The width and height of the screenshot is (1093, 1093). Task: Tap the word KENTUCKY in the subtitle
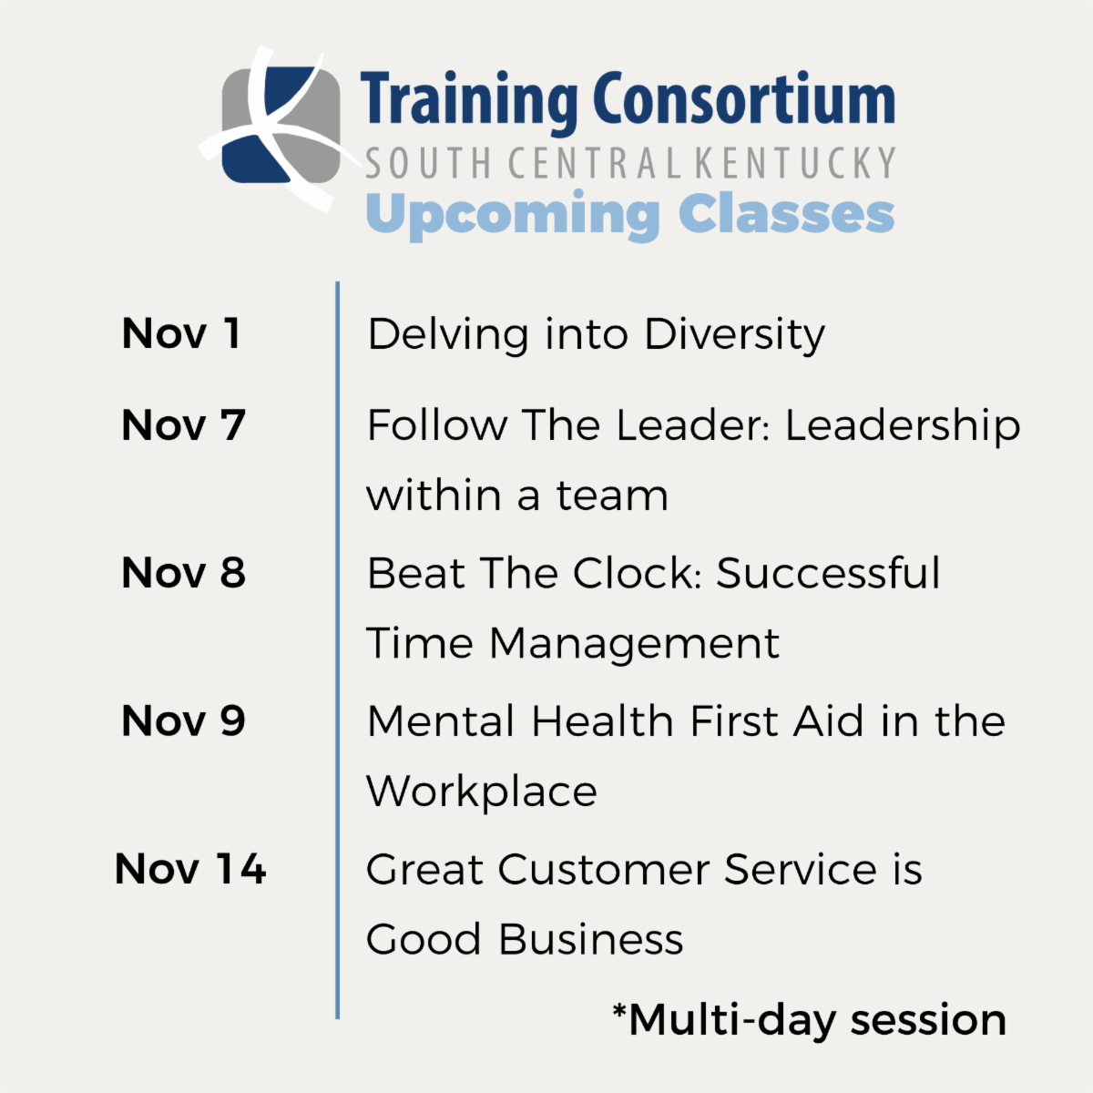pyautogui.click(x=795, y=164)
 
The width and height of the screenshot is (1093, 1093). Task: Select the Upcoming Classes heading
pyautogui.click(x=629, y=214)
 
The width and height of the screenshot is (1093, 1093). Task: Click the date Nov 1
pyautogui.click(x=181, y=333)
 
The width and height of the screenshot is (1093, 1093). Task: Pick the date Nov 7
pyautogui.click(x=183, y=425)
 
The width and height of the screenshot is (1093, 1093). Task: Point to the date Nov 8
pyautogui.click(x=183, y=573)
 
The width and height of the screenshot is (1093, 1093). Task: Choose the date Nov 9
pyautogui.click(x=183, y=721)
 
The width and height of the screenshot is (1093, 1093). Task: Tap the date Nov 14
pyautogui.click(x=190, y=869)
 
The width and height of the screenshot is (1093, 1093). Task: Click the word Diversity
pyautogui.click(x=734, y=335)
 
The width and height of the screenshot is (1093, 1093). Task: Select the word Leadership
pyautogui.click(x=903, y=426)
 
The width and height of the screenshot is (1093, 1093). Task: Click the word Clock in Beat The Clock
pyautogui.click(x=638, y=574)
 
